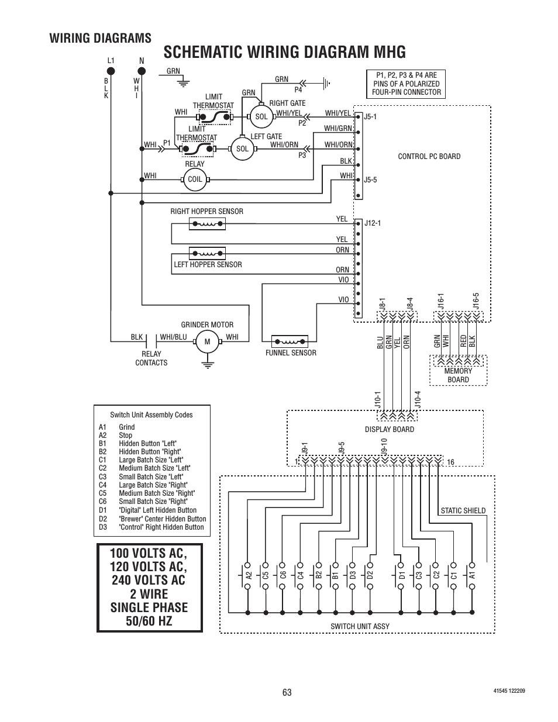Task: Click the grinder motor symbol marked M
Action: pyautogui.click(x=208, y=341)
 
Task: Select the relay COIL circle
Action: pyautogui.click(x=195, y=179)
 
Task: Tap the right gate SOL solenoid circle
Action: pyautogui.click(x=261, y=116)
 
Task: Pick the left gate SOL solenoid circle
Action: pyautogui.click(x=242, y=148)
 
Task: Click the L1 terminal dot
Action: pyautogui.click(x=111, y=71)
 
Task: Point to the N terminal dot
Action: pyautogui.click(x=142, y=71)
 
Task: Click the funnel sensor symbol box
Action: pyautogui.click(x=290, y=341)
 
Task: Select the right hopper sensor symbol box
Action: pyautogui.click(x=207, y=224)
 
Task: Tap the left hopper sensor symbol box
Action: pyautogui.click(x=207, y=254)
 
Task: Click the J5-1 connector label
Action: pyautogui.click(x=370, y=117)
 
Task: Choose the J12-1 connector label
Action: pyautogui.click(x=373, y=223)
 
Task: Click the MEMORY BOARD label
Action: pyautogui.click(x=458, y=375)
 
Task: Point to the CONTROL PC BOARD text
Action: pyautogui.click(x=429, y=157)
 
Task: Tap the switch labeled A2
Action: pyautogui.click(x=247, y=575)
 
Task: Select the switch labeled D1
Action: pyautogui.click(x=401, y=575)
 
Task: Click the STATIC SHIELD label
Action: pyautogui.click(x=463, y=511)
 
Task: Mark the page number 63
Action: pyautogui.click(x=287, y=692)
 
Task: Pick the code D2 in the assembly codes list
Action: pyautogui.click(x=103, y=519)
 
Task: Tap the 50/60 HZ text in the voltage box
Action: pyautogui.click(x=149, y=621)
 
